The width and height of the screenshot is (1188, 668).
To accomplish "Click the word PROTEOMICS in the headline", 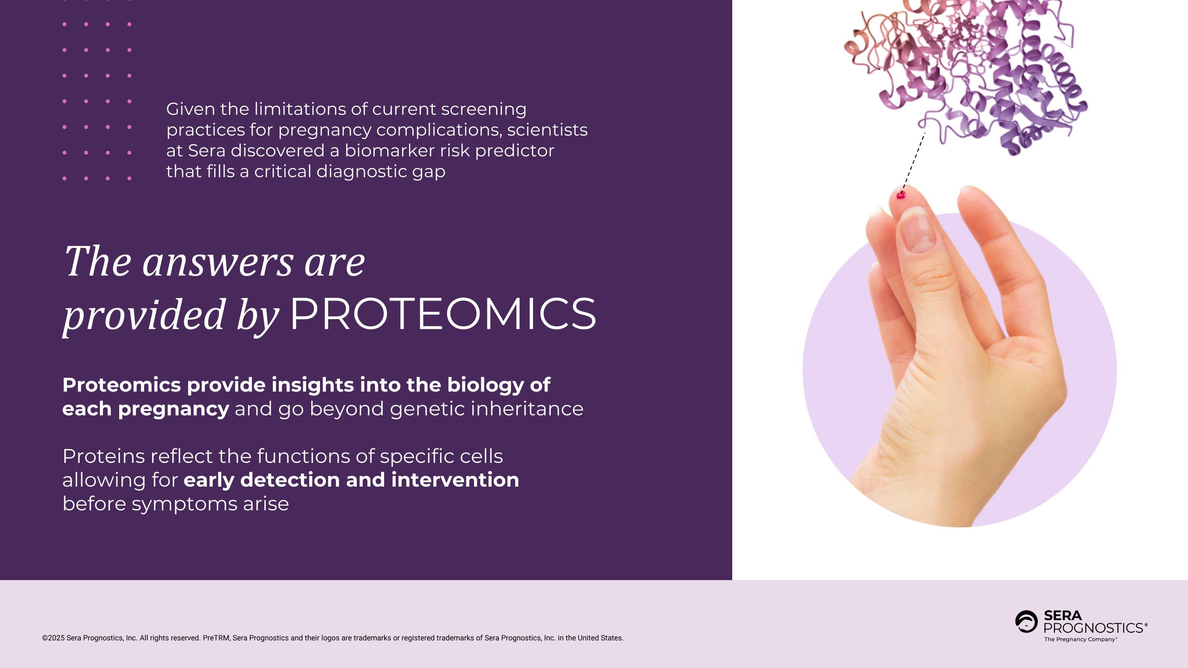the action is coord(443,314).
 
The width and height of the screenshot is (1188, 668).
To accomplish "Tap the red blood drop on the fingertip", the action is coord(901,196).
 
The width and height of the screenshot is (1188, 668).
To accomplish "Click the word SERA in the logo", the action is coord(1062,615).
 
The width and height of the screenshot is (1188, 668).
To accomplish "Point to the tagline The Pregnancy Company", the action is coord(1080,639).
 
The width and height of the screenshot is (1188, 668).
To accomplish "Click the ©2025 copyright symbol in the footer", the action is coord(45,638).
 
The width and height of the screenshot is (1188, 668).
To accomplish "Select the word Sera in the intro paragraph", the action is coord(207,151).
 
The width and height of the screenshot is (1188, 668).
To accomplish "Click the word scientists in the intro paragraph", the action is coord(547,130).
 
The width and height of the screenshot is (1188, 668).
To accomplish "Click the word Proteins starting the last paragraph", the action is coord(104,457).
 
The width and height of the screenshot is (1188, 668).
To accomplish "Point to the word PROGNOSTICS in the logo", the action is coord(1093,628).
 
